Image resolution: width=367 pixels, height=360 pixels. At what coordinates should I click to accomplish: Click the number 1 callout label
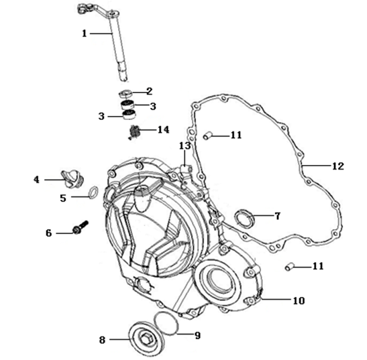85,33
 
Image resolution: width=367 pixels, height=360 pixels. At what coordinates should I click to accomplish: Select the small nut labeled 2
126,93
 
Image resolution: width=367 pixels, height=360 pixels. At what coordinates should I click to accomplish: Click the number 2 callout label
150,91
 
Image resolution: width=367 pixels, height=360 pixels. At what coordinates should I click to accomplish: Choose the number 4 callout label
38,179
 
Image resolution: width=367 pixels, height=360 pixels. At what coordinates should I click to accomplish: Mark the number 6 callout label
48,233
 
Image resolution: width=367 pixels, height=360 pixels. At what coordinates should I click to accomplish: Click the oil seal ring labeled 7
246,219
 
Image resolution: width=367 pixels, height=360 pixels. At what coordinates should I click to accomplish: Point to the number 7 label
276,216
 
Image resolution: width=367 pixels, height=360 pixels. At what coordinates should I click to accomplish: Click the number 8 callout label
103,340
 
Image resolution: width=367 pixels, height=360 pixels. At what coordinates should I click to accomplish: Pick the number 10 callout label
298,300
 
